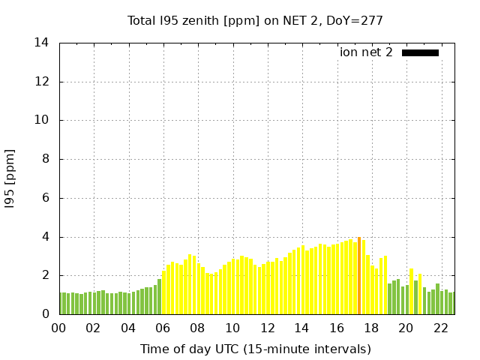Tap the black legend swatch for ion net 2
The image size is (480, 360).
point(420,52)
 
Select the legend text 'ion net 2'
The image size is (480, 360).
point(366,52)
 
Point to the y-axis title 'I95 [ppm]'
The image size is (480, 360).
point(10,178)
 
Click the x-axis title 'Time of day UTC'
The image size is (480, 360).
point(256,349)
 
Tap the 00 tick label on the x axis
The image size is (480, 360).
point(58,328)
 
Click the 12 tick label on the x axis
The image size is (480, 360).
point(267,328)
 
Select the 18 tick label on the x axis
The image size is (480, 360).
point(371,328)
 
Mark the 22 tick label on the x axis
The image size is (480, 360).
point(441,328)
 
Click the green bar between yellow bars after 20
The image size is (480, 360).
point(415,298)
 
